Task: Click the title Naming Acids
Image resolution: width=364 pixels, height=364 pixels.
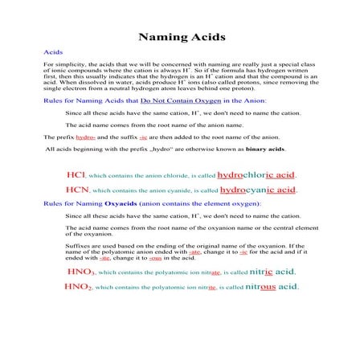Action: pyautogui.click(x=182, y=37)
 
